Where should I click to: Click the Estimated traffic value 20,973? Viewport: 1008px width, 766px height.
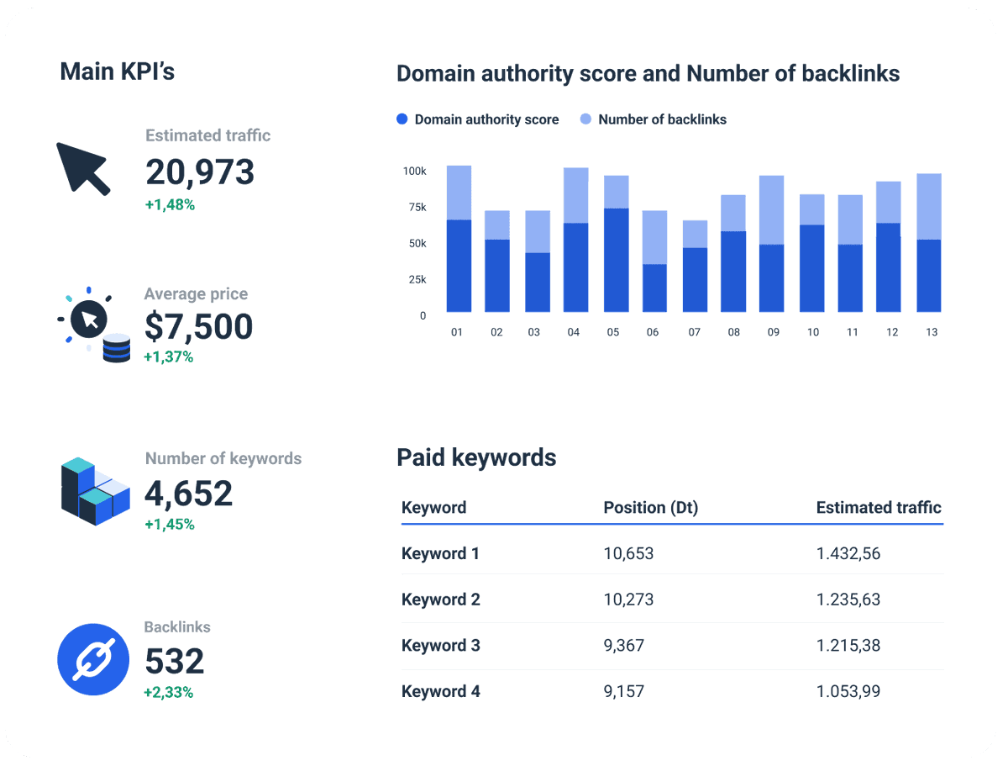[200, 172]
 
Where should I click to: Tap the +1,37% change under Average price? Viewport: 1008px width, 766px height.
[168, 357]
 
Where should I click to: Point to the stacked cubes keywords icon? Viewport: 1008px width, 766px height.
[95, 491]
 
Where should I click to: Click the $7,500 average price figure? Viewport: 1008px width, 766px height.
[198, 326]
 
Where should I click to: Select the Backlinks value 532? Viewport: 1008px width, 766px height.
[175, 662]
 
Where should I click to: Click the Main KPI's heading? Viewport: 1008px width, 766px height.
[118, 72]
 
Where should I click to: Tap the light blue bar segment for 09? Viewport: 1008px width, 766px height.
[770, 210]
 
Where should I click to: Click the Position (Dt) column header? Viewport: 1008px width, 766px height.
[650, 508]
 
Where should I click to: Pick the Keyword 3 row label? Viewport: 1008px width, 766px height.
[441, 646]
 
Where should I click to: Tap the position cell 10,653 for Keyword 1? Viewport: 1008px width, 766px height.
[628, 553]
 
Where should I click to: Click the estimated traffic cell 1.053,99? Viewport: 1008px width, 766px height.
[848, 691]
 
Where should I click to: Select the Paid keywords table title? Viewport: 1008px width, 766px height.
[476, 457]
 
